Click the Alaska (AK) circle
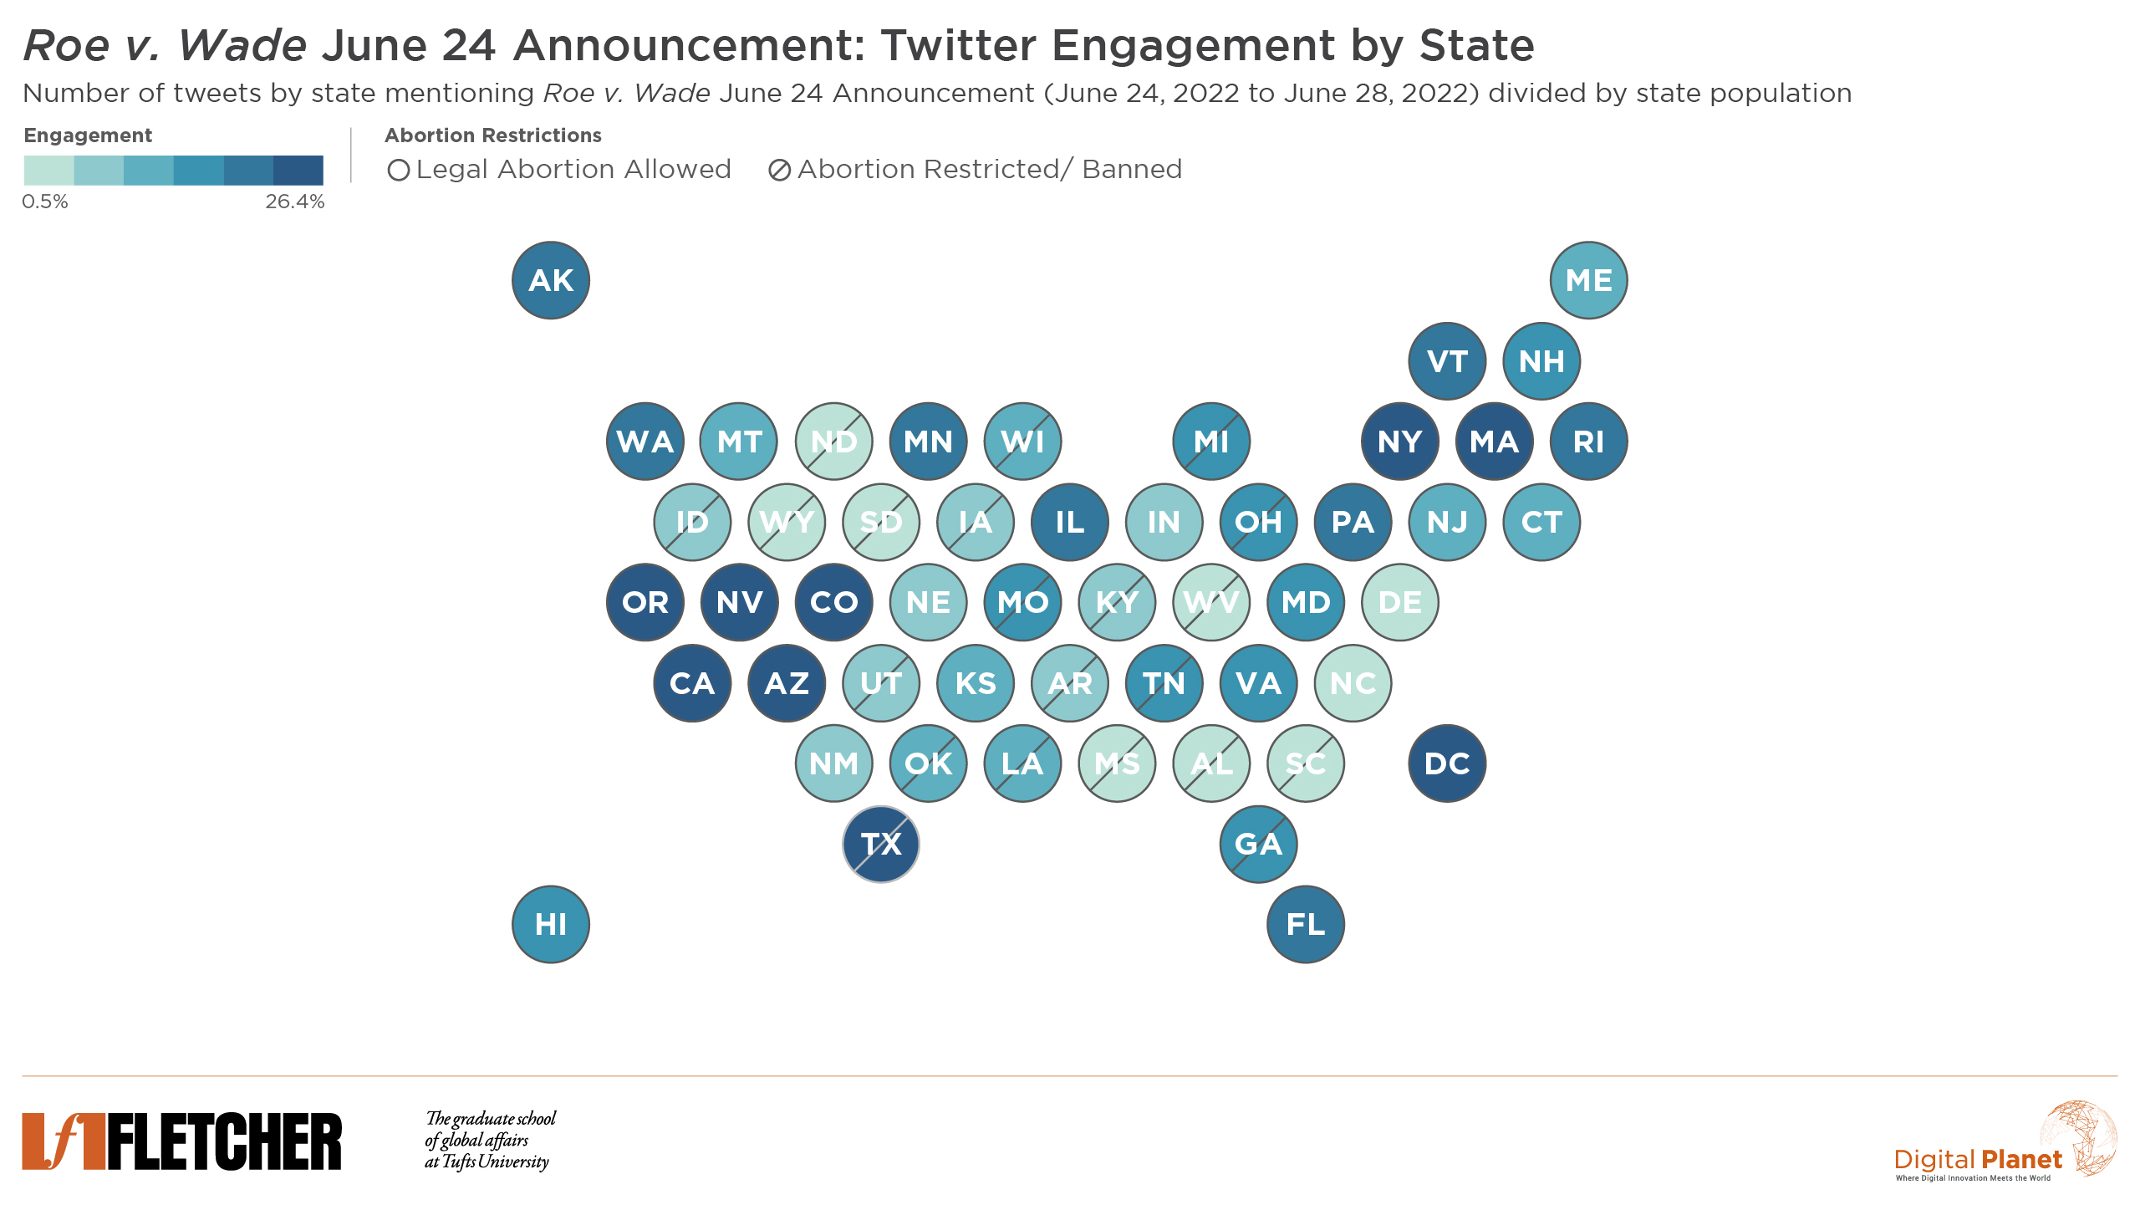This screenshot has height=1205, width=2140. [x=551, y=280]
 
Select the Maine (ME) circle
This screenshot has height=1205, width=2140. [x=1588, y=280]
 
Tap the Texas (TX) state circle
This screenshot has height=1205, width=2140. [x=881, y=844]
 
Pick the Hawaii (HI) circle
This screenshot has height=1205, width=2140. [x=551, y=924]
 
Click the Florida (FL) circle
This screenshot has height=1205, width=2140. [x=1306, y=924]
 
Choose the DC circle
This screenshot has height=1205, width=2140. [x=1447, y=763]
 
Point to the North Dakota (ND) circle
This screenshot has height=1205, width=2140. [x=833, y=442]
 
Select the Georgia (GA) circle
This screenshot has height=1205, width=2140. [x=1258, y=844]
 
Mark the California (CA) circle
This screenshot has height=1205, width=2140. [x=692, y=683]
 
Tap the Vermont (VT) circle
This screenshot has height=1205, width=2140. [x=1447, y=361]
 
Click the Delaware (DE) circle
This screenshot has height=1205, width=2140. [x=1399, y=602]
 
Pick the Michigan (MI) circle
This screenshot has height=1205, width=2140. [x=1211, y=442]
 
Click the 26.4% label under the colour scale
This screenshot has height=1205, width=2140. [x=294, y=202]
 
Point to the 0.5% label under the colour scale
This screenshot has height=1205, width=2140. [x=45, y=202]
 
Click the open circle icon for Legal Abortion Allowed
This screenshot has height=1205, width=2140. [x=399, y=171]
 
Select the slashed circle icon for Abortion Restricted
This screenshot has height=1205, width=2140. [x=779, y=171]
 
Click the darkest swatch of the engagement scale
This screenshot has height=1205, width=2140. [x=298, y=170]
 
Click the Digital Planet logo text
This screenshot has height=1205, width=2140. [x=1978, y=1160]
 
